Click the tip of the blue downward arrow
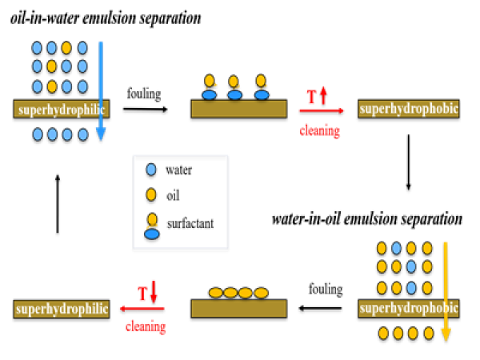coord(101,140)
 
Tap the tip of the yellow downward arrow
coord(446,340)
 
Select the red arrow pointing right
coord(322,110)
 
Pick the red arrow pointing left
coord(142,308)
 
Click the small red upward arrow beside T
coord(323,94)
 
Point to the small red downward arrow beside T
coord(154,291)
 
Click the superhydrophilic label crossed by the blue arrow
coord(61,109)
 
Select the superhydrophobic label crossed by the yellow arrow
coord(408,308)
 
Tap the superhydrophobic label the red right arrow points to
coord(408,109)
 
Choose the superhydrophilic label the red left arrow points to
coord(61,309)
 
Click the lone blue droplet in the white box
coord(151,170)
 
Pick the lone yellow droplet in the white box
coord(151,194)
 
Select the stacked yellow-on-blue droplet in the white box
coord(152,226)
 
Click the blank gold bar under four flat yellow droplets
coord(238,309)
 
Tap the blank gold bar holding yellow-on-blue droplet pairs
coord(238,109)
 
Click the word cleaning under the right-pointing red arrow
coord(320,130)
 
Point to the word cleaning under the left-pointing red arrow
coord(146,326)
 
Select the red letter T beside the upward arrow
coord(311,97)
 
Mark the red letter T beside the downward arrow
coord(142,294)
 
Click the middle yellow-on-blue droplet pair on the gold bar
coord(234,88)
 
